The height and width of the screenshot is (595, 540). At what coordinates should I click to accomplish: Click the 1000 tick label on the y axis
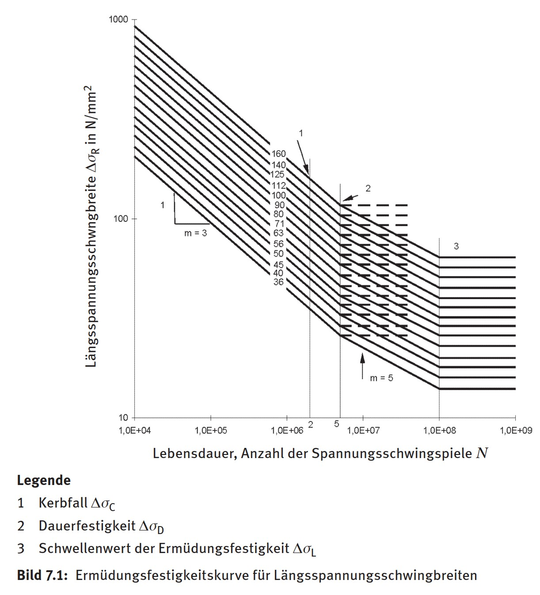pyautogui.click(x=118, y=19)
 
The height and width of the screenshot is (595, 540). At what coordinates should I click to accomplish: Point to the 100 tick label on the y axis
pyautogui.click(x=120, y=219)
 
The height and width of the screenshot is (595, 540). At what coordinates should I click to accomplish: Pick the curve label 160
pyautogui.click(x=279, y=154)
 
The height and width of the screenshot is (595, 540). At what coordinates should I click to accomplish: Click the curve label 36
pyautogui.click(x=278, y=282)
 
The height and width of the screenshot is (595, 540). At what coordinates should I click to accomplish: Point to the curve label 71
pyautogui.click(x=279, y=224)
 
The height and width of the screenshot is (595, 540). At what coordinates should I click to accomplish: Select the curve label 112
pyautogui.click(x=279, y=186)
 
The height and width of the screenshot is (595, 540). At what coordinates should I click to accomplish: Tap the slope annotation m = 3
pyautogui.click(x=195, y=233)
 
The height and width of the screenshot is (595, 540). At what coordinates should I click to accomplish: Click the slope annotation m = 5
pyautogui.click(x=381, y=378)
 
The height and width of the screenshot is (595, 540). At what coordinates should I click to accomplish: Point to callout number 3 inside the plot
pyautogui.click(x=456, y=246)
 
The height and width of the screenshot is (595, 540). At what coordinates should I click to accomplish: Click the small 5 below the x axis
pyautogui.click(x=337, y=424)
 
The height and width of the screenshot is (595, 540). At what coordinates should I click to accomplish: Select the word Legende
pyautogui.click(x=44, y=480)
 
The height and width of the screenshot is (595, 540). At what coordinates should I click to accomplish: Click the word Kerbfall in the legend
pyautogui.click(x=63, y=503)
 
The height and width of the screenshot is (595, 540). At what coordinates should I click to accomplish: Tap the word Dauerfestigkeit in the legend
pyautogui.click(x=87, y=526)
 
